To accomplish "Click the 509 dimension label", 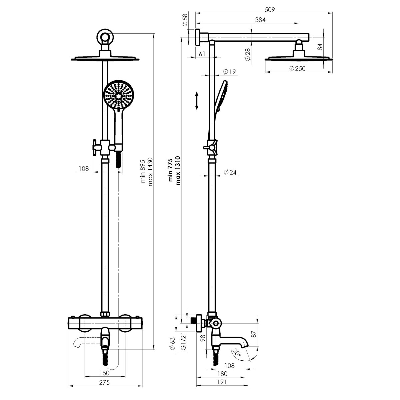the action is (x=270, y=10).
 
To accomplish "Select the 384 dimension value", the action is (x=260, y=20).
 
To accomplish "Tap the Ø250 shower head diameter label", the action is (x=297, y=68).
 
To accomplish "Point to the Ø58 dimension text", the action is (x=185, y=20).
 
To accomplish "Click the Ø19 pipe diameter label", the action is (x=229, y=72).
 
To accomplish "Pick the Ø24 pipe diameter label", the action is (x=230, y=172).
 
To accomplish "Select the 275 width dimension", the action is (x=104, y=382).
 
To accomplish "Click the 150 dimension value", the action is (x=104, y=373).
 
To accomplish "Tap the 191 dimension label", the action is (x=222, y=382).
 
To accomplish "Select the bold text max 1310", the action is (x=178, y=171).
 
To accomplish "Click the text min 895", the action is (x=143, y=171).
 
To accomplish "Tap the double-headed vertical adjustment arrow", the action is (x=197, y=101).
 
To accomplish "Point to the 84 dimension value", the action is (x=320, y=47).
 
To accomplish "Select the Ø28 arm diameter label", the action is (x=248, y=55).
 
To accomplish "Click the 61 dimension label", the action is (x=202, y=54).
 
